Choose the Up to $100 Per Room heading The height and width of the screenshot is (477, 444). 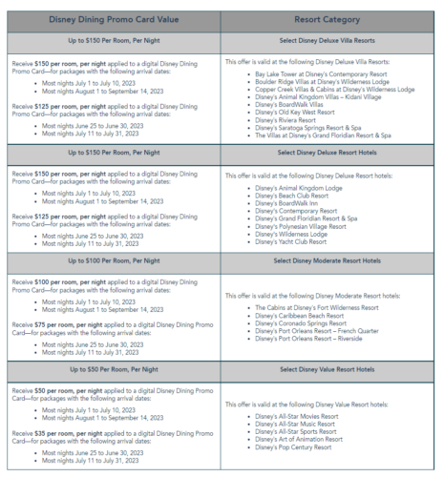113,261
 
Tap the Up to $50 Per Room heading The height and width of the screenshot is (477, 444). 113,369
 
